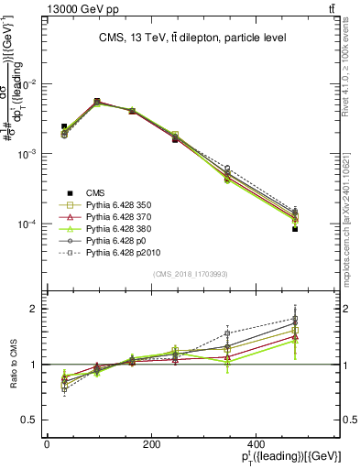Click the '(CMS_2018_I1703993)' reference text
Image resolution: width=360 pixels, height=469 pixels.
point(192,274)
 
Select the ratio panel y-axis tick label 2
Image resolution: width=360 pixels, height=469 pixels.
point(34,309)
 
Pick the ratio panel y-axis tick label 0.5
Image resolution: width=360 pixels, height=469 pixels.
point(30,420)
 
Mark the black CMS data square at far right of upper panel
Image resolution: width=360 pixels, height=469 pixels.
point(295,229)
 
